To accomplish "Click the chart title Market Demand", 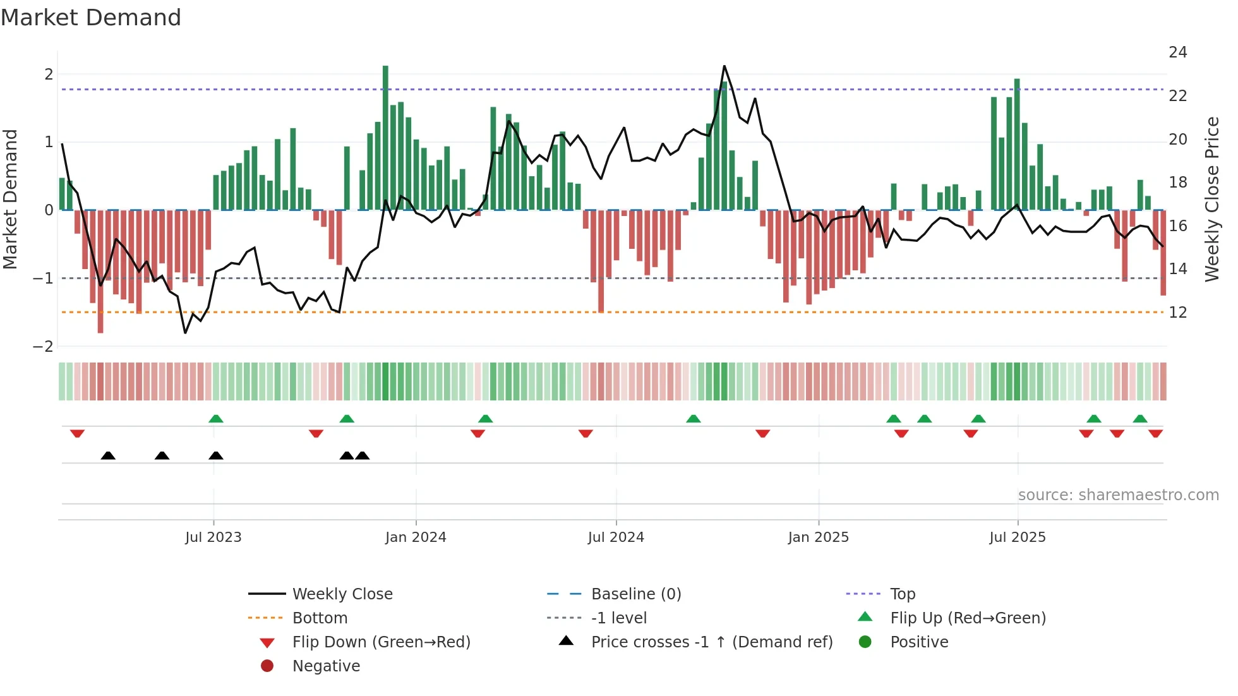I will coord(91,18).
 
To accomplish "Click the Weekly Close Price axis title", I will coord(1211,199).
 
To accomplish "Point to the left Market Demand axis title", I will coord(10,199).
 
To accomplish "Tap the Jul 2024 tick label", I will coord(616,537).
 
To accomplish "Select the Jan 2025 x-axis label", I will coord(818,537).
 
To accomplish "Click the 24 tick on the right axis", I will coord(1177,52).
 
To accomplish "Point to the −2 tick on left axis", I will coord(44,346).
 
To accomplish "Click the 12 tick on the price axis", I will coord(1177,313).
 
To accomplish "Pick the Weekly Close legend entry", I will coord(342,594).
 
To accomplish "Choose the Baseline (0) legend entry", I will coord(635,594).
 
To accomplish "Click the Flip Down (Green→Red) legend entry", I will coord(381,642).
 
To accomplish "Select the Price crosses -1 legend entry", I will coord(711,642).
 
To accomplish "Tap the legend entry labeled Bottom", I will coord(320,618).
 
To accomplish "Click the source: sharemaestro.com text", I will coord(1118,495).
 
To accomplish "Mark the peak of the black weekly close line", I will coord(724,66).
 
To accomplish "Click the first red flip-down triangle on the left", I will coord(77,433).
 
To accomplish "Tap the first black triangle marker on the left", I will coord(108,455).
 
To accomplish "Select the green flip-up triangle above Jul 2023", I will coord(216,419).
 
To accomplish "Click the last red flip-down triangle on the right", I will coord(1156,433).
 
